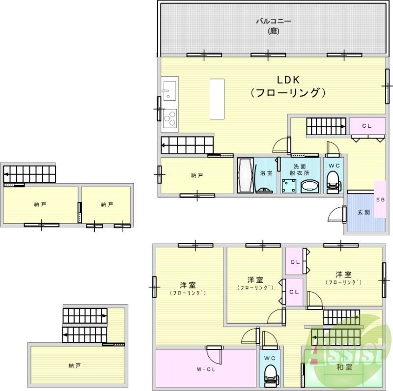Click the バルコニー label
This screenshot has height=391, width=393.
tap(274, 21)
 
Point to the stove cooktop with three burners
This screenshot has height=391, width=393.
tap(170, 118)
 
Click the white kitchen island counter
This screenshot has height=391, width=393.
tap(216, 98)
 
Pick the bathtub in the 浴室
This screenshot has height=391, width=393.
tap(245, 175)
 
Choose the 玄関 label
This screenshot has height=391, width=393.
tap(363, 212)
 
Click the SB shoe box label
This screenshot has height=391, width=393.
tap(380, 200)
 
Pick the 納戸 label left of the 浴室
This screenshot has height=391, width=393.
tap(196, 175)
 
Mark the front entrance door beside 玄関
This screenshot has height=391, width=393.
tap(337, 215)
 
